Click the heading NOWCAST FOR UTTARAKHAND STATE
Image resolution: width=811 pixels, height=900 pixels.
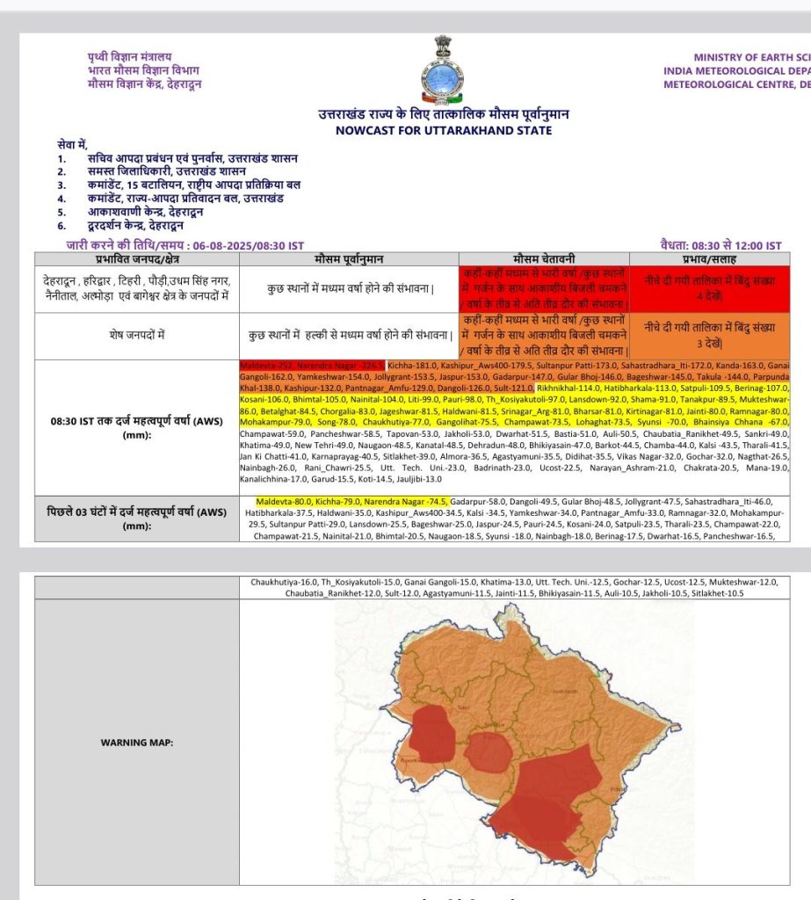[444, 130]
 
